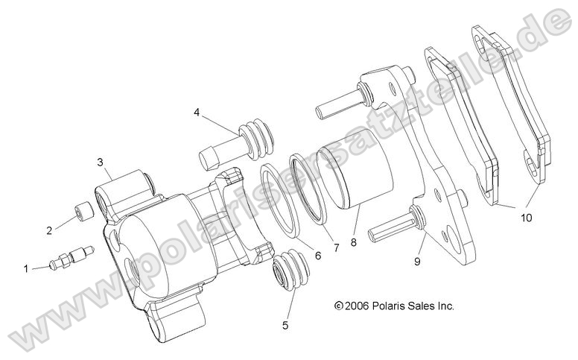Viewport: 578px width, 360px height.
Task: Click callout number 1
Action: pos(28,268)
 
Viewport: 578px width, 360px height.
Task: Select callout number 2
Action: pos(50,230)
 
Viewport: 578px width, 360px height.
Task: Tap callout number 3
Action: pos(99,162)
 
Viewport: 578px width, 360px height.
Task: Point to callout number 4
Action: pos(197,113)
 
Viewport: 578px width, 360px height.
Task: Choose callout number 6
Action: pos(318,256)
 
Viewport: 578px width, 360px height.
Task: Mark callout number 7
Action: pos(336,247)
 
